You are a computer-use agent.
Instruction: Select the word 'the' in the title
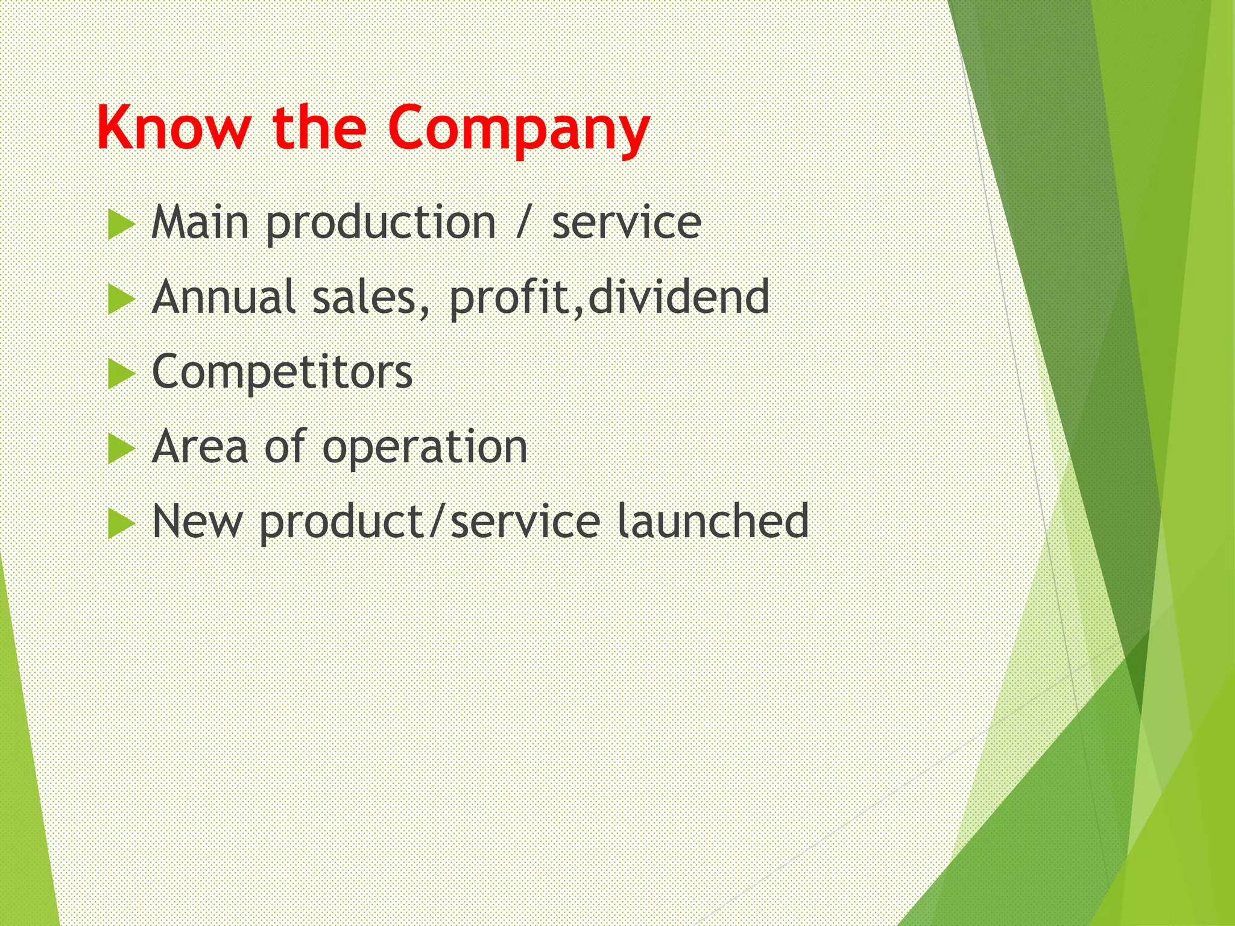pos(320,128)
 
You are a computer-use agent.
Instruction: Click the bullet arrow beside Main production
pos(121,225)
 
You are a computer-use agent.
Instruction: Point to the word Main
pos(200,222)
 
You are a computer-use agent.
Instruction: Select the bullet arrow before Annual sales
pos(121,300)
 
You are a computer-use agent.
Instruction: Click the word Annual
pos(223,297)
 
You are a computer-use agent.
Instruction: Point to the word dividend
pos(678,297)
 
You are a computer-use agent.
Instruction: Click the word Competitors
pos(282,372)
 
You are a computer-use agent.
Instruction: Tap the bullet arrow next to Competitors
pos(121,374)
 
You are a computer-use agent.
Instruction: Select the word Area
pos(200,447)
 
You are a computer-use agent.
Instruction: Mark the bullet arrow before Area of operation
pos(121,449)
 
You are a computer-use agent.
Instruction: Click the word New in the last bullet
pos(197,521)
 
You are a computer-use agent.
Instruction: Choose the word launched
pos(713,521)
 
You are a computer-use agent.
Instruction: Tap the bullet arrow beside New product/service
pos(121,524)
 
